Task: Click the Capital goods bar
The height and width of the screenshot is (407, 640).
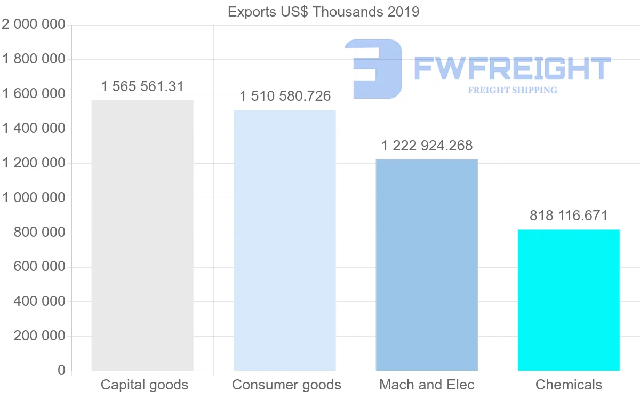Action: pos(142,235)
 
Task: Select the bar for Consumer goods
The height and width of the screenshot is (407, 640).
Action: pos(285,240)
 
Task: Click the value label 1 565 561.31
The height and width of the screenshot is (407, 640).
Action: pos(142,86)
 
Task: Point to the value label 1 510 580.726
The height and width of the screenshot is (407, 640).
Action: pos(285,97)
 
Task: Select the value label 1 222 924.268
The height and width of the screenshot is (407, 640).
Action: pos(427,146)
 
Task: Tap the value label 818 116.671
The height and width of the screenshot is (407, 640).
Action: pos(569,216)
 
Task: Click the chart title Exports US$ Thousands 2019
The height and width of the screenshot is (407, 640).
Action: pos(324,12)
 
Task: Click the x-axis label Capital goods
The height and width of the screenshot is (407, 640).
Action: pos(145,385)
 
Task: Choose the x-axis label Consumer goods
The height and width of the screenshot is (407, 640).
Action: pos(286,385)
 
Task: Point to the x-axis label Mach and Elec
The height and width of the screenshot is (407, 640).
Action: pos(427,385)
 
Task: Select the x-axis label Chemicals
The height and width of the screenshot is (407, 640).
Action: pos(569,385)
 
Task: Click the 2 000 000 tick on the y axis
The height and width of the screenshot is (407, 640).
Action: pos(34,25)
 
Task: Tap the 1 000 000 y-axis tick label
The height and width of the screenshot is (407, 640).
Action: pos(34,198)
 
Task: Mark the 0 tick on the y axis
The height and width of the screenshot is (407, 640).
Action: pos(61,371)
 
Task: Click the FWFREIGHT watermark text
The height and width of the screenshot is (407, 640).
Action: pos(512,68)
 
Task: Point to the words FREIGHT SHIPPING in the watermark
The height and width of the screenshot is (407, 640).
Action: pos(512,90)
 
